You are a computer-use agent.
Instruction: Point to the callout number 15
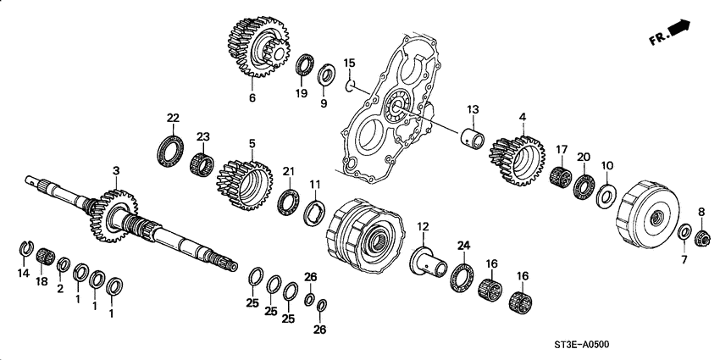click(x=349, y=62)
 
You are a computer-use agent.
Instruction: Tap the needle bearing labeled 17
click(x=558, y=177)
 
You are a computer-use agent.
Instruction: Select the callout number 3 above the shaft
click(x=115, y=172)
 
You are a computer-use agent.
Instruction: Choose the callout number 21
click(x=289, y=172)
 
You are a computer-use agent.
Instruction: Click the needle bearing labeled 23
click(x=202, y=160)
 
